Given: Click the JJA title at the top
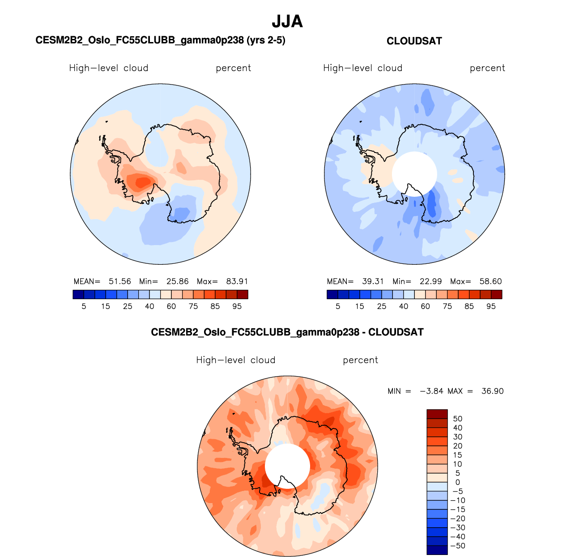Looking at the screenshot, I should [x=287, y=21].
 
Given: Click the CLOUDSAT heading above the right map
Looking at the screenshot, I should [x=414, y=41].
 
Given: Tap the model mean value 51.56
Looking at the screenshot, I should [x=119, y=282].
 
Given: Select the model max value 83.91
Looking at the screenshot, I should [x=237, y=282].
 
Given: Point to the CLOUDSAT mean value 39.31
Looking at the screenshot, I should [x=373, y=282].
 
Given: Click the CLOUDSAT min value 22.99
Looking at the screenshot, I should [x=430, y=282].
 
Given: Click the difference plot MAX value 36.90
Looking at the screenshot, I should [x=492, y=391].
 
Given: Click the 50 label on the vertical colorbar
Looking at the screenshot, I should [x=457, y=419].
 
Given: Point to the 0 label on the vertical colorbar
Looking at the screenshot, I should [x=457, y=483].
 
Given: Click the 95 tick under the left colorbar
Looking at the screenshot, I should [x=237, y=307].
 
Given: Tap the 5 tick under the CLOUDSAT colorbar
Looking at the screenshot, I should [x=338, y=307].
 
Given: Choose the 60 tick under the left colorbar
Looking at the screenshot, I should [x=171, y=307].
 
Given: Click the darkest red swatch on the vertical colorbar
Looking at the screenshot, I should [x=437, y=414].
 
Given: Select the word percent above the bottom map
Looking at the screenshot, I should [x=360, y=360].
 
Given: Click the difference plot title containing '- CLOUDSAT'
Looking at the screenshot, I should [x=287, y=332].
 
